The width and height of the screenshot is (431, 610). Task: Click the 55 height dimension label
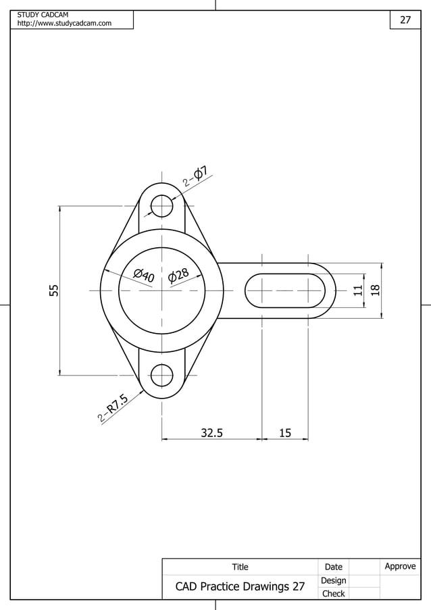tap(54, 290)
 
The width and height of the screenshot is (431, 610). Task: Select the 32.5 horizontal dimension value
tap(211, 433)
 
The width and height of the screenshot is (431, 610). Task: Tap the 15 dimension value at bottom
tap(285, 433)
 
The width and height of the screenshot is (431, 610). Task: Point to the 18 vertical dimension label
tap(376, 290)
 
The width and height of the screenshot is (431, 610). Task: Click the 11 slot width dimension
tap(358, 290)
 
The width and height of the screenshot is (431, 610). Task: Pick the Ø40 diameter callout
tap(144, 276)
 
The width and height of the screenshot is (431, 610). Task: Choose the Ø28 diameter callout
tap(178, 275)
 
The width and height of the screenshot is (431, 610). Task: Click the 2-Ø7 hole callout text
tap(195, 177)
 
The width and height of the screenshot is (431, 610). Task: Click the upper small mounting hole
tap(161, 205)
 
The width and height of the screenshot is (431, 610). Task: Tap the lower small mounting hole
tap(161, 375)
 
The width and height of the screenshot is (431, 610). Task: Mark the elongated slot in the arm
tap(284, 290)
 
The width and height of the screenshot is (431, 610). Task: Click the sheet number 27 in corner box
tap(405, 20)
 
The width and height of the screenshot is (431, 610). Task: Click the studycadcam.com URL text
tap(64, 24)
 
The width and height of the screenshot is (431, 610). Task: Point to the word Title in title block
tap(240, 567)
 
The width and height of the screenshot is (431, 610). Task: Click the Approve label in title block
tap(400, 566)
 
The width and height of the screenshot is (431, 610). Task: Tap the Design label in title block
tap(333, 580)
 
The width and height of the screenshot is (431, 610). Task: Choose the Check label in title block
tap(333, 594)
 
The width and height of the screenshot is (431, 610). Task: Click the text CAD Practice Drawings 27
tap(240, 586)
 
